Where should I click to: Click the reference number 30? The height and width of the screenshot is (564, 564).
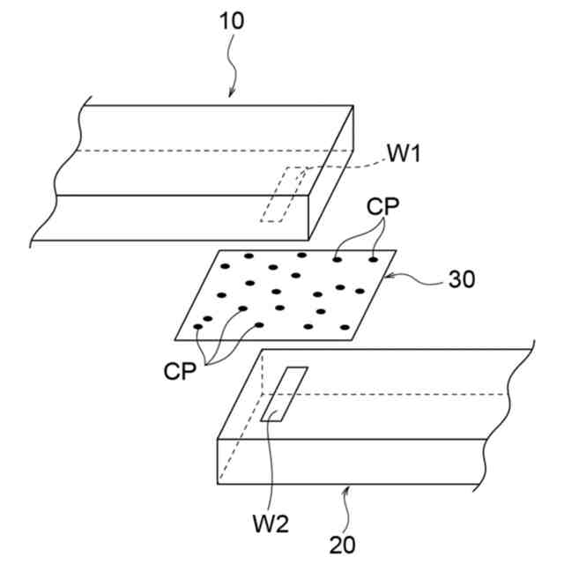462,279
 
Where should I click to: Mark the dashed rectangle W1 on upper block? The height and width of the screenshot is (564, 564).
284,194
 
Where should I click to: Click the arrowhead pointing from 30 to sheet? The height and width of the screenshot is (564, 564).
390,276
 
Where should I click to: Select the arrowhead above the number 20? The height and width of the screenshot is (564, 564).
350,488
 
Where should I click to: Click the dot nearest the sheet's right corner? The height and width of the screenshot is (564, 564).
373,259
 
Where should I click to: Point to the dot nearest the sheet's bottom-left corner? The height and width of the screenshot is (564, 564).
197,327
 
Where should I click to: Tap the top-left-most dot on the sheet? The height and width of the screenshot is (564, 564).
224,265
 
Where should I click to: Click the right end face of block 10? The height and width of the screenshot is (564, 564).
331,172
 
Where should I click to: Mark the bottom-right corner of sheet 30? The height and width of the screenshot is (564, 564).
351,339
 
